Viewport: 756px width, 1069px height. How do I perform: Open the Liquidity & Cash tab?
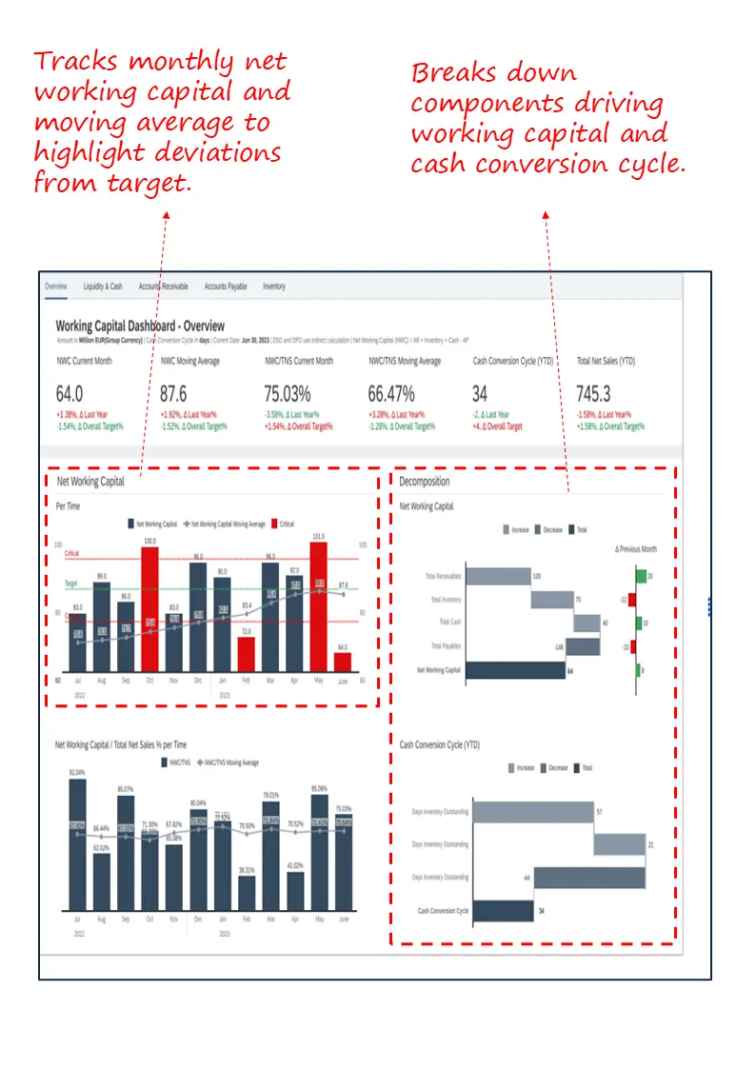click(x=103, y=287)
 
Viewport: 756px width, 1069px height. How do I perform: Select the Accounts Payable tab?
click(x=226, y=287)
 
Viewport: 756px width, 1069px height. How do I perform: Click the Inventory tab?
click(x=273, y=287)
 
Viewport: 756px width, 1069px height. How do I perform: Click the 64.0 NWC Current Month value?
click(x=70, y=394)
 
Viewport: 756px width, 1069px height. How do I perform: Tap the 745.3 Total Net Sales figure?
click(x=594, y=394)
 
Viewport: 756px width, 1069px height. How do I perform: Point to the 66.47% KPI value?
click(x=391, y=394)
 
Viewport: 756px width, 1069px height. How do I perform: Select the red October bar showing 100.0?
click(x=149, y=609)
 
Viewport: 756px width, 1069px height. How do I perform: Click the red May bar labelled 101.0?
click(x=318, y=609)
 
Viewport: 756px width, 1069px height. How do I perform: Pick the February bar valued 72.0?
click(x=246, y=655)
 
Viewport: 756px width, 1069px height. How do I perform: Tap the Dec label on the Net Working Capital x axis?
click(x=197, y=682)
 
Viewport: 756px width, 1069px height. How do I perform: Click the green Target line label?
click(x=71, y=583)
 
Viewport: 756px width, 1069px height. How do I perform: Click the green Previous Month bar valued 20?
click(x=642, y=576)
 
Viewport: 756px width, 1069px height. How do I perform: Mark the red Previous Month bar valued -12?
click(x=632, y=600)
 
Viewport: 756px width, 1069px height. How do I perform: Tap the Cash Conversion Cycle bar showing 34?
click(x=503, y=911)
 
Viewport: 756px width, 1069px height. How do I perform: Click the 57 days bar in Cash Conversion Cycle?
click(x=532, y=812)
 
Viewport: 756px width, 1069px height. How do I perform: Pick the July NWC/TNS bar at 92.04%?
click(x=77, y=844)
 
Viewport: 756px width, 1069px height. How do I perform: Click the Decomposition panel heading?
click(x=425, y=482)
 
